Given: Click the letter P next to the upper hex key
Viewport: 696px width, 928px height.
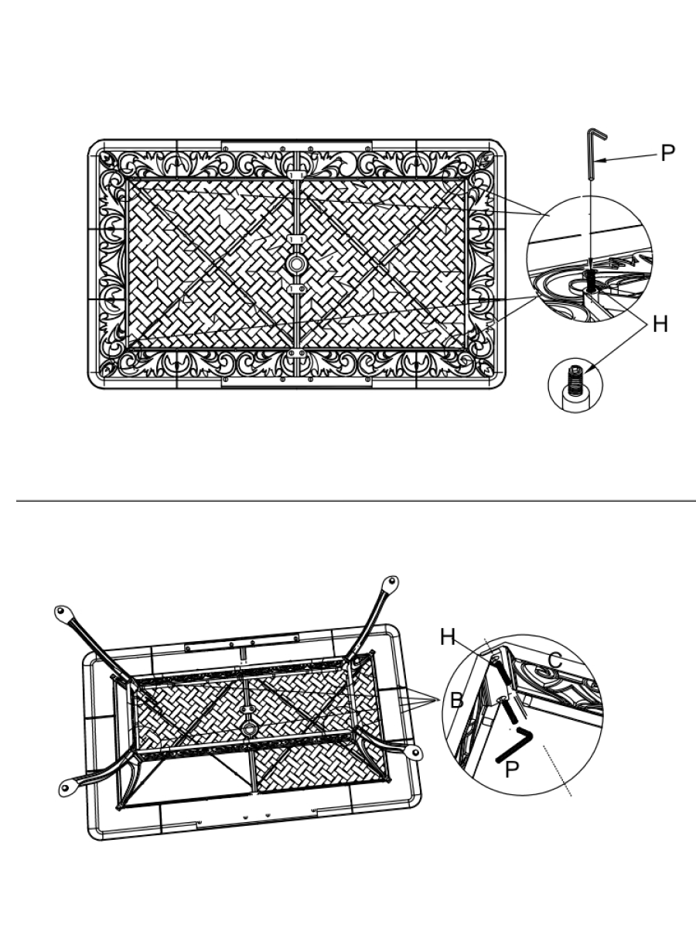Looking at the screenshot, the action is click(x=667, y=153).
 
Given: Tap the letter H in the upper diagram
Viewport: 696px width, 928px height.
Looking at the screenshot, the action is click(x=660, y=325).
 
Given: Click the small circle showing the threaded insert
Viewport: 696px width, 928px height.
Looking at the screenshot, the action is click(x=575, y=385).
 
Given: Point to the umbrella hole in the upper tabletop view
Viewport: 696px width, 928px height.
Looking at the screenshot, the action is click(x=296, y=264).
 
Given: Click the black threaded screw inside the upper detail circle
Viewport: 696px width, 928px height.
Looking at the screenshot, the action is click(x=590, y=281).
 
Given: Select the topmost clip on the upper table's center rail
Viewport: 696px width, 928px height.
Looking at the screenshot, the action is click(x=296, y=175).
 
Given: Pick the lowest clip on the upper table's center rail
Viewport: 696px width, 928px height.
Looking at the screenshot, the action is click(x=296, y=353).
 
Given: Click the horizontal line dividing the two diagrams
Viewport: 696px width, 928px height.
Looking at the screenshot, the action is click(x=356, y=500).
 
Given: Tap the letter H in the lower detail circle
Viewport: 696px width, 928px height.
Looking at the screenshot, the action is click(x=448, y=637).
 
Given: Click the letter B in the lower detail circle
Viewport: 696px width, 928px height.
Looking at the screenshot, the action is click(x=457, y=700).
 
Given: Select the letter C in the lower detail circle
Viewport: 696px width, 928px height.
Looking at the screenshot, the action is click(x=556, y=660).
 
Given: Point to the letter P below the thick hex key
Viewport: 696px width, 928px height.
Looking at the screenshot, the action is click(x=511, y=769).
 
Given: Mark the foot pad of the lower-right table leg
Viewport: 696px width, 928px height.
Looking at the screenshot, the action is click(x=415, y=752).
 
